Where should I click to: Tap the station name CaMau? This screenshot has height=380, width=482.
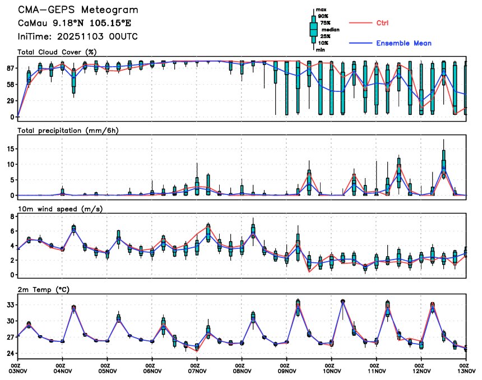click(x=34, y=24)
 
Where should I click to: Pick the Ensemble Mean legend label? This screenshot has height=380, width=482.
click(x=404, y=43)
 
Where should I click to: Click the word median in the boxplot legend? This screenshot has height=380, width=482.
click(x=329, y=30)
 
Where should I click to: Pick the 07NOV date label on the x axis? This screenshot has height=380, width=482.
click(x=197, y=371)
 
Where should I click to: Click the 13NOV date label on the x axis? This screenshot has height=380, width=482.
click(x=466, y=371)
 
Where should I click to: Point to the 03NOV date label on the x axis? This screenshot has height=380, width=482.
click(x=17, y=371)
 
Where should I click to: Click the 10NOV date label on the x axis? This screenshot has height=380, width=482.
click(x=331, y=371)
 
